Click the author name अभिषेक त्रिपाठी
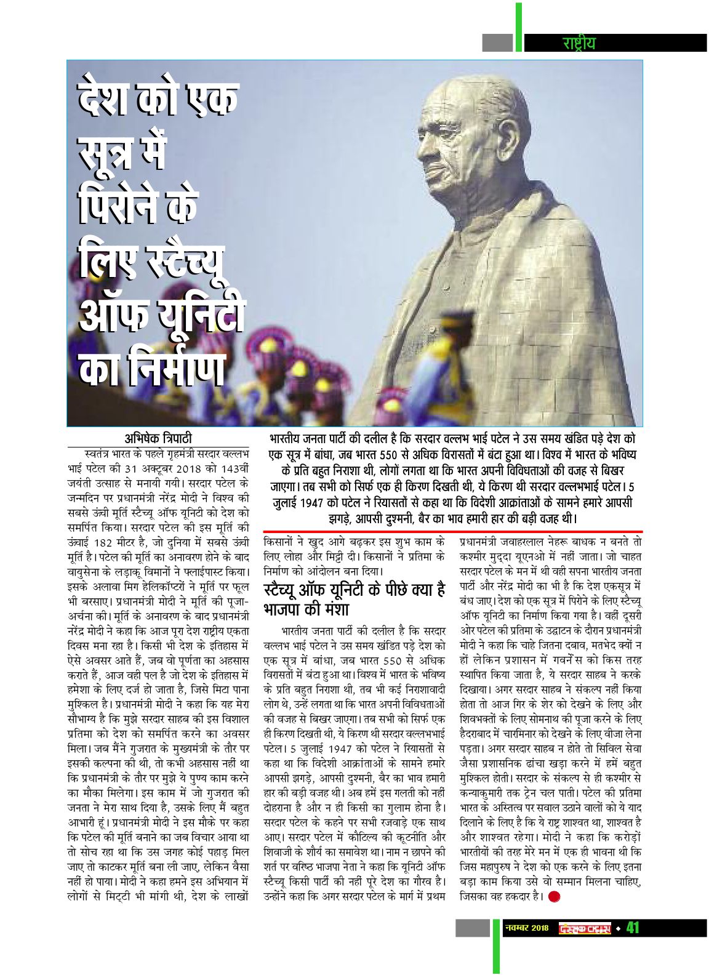158,438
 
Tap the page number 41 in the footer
633,928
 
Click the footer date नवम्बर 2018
526,928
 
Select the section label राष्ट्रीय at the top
579,43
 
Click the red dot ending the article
554,897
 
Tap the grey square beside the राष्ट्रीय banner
497,42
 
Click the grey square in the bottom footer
472,928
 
